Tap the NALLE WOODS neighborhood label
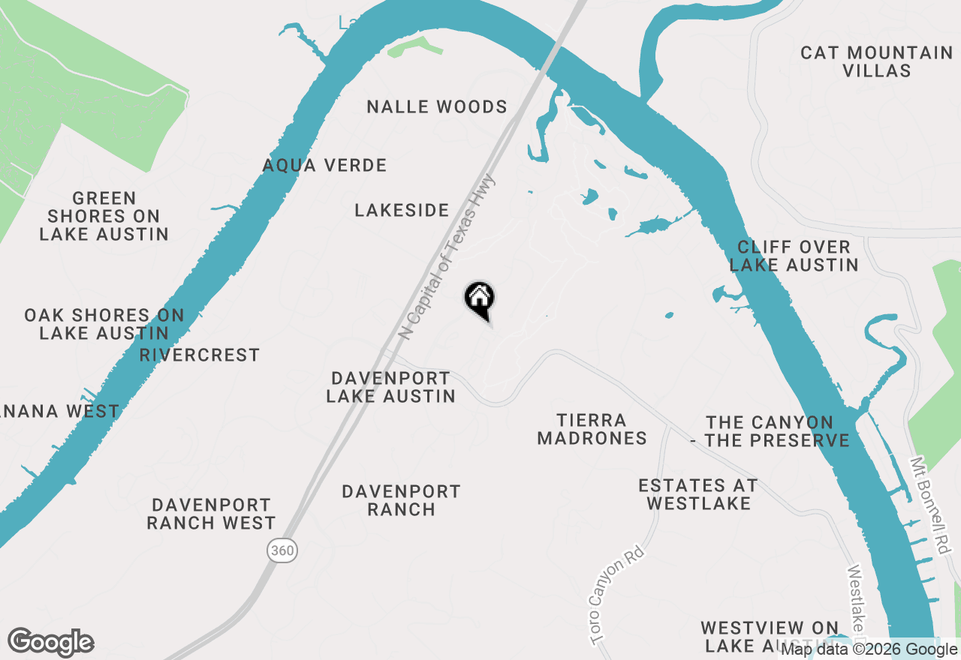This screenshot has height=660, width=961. click(x=437, y=107)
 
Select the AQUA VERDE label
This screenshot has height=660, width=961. click(x=325, y=166)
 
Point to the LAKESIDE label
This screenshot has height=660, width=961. click(x=402, y=211)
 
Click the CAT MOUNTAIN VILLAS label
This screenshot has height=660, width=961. click(x=876, y=61)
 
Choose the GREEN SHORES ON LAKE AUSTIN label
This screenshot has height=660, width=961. click(x=104, y=217)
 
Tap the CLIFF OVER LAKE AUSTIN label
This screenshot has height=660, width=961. click(x=794, y=256)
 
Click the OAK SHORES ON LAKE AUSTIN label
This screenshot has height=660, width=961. click(x=104, y=324)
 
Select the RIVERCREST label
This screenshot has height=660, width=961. click(x=200, y=355)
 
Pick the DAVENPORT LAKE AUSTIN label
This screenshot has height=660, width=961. click(x=390, y=387)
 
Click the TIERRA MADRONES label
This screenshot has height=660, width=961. click(x=592, y=429)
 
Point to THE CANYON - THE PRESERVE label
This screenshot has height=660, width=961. click(x=770, y=432)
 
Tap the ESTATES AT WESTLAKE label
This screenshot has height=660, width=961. click(x=698, y=495)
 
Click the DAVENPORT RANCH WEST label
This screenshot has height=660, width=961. click(x=211, y=514)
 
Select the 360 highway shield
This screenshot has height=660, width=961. click(x=282, y=551)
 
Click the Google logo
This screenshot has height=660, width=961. click(x=50, y=643)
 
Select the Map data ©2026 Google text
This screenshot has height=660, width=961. click(x=869, y=649)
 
